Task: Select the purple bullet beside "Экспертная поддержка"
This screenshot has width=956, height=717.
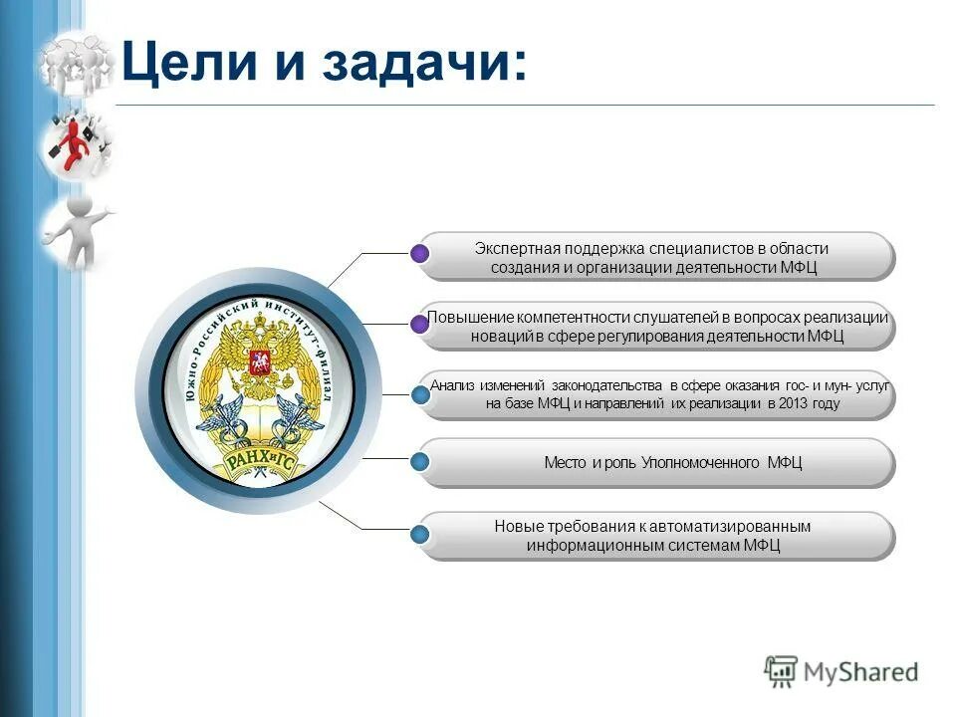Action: [x=420, y=254]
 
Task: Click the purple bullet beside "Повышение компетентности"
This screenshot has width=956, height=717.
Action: [x=420, y=323]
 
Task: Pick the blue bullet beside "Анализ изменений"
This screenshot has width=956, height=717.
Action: [x=420, y=394]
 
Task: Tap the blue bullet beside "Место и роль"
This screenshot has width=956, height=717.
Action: [x=420, y=462]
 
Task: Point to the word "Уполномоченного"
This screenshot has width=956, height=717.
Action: [x=702, y=463]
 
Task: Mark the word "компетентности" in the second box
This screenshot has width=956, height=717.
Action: [x=549, y=317]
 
